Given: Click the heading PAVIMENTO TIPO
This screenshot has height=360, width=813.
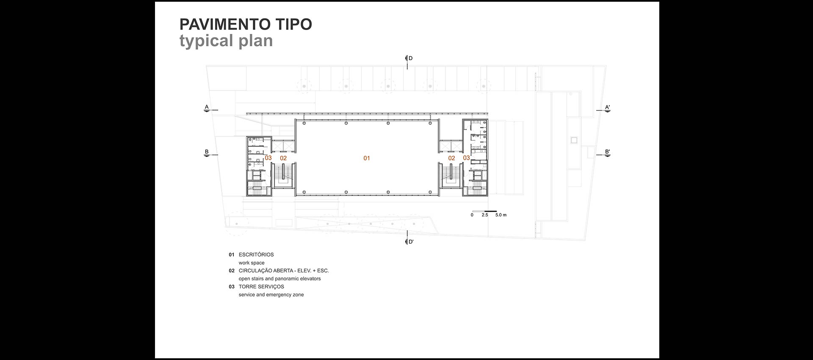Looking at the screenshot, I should tap(246, 25).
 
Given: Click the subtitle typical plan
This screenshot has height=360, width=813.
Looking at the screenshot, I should tap(226, 41).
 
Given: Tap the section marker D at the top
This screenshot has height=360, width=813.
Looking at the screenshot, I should tap(410, 58).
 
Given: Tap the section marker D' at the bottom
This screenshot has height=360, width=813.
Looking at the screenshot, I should tap(410, 242).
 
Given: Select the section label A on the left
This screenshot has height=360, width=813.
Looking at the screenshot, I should tap(207, 107).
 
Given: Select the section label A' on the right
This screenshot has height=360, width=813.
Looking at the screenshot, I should tap(607, 107).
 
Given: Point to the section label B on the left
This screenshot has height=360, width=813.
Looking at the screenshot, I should tap(207, 152).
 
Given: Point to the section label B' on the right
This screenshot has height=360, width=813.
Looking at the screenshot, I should tap(607, 152).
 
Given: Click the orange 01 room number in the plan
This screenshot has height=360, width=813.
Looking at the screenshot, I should tap(367, 158).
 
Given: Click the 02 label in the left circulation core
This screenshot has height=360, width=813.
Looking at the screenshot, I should tap(283, 158).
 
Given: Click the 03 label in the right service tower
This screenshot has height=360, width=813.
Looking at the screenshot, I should tap(466, 158).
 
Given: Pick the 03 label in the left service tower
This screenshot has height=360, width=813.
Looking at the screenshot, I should tap(268, 158).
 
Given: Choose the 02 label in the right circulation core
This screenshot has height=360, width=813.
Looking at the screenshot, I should tap(451, 158).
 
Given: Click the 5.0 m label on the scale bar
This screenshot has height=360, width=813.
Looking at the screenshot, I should tap(501, 215).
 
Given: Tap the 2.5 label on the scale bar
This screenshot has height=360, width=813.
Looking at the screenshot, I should tap(484, 215).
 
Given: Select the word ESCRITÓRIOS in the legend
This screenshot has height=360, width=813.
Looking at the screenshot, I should tap(256, 255).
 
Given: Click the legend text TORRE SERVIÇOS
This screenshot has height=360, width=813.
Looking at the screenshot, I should tap(261, 287).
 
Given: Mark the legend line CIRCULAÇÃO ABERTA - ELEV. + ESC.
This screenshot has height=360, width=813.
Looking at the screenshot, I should tap(284, 271).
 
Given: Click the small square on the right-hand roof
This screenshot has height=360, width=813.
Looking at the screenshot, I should tap(574, 140).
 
